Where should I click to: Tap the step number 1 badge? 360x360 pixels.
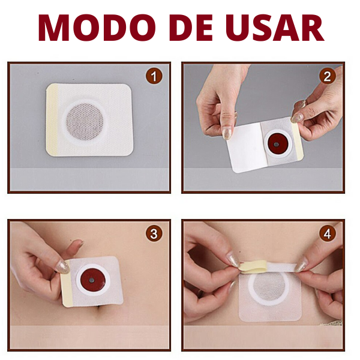[x=155, y=77]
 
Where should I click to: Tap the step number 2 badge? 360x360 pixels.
[x=327, y=77]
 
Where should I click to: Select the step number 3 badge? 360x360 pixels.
[x=155, y=234]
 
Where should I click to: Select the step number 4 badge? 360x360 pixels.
[x=327, y=234]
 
